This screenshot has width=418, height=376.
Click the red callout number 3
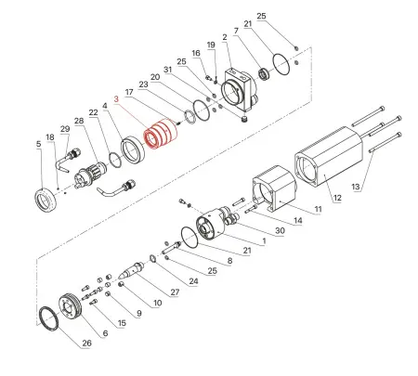[x=116, y=98]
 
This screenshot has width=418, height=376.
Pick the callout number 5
[x=38, y=144]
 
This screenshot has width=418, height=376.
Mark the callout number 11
[x=316, y=211]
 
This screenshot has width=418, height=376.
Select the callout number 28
[x=79, y=122]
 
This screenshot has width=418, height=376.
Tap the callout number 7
[x=236, y=31]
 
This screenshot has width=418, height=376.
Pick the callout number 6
[x=105, y=332]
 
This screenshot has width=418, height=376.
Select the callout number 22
[x=94, y=112]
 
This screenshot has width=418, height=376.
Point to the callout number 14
[x=297, y=221]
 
